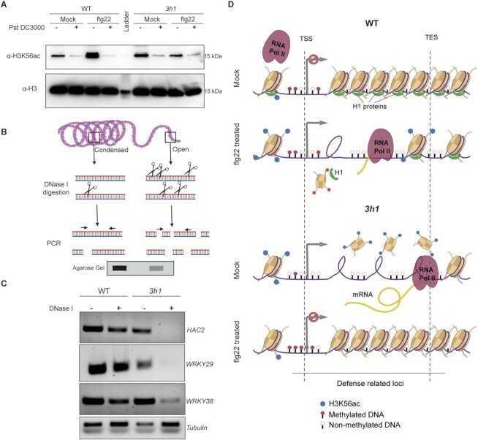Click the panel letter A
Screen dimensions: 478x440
pyautogui.click(x=5, y=5)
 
